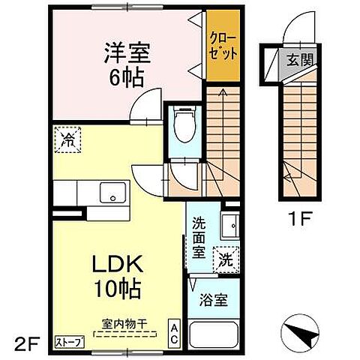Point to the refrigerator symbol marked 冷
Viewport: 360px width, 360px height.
[x=67, y=140]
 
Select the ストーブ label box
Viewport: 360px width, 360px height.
[x=70, y=342]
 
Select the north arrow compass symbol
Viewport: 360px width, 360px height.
[x=298, y=329]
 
